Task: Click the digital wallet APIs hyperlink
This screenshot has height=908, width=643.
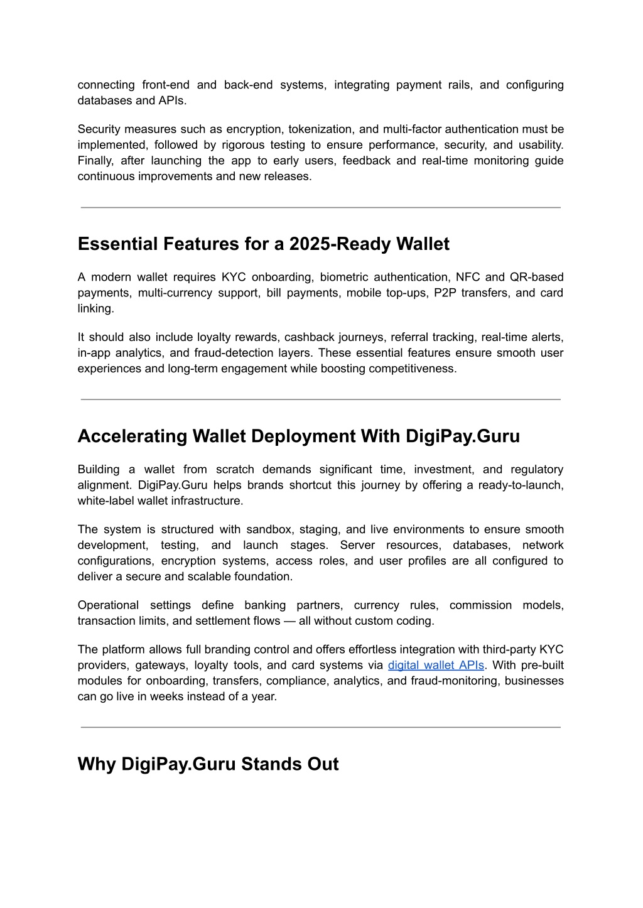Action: (x=436, y=665)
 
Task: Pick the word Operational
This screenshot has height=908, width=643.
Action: (x=108, y=605)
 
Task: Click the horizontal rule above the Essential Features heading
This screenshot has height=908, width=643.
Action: (x=320, y=207)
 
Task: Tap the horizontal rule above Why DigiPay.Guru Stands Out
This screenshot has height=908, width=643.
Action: (x=320, y=727)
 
